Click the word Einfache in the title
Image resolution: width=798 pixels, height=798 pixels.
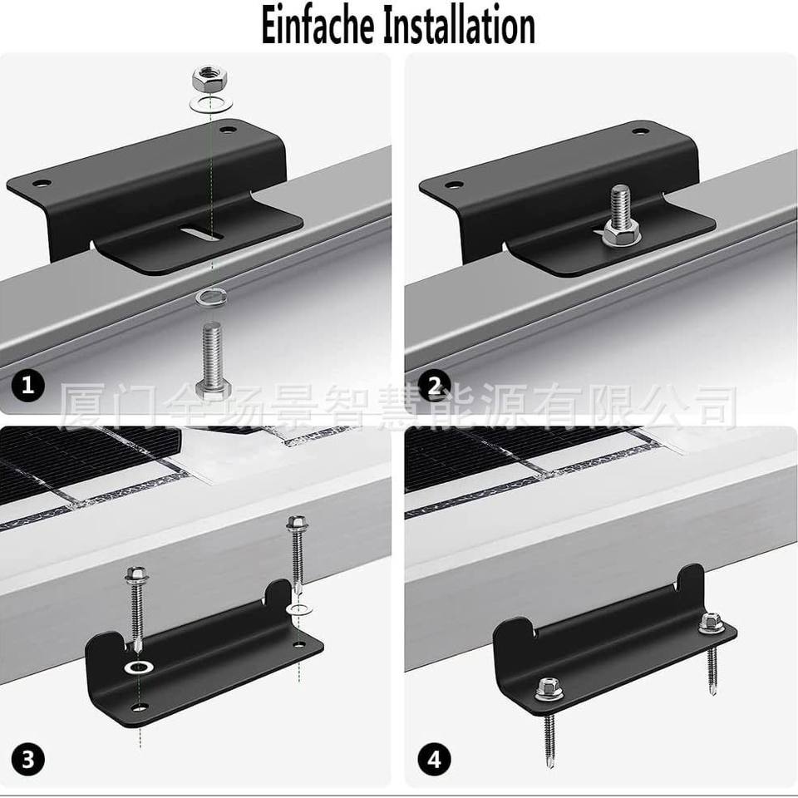(x=317, y=26)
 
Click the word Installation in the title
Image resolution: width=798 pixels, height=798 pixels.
(x=458, y=26)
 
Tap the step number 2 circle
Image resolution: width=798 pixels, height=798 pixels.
(x=434, y=385)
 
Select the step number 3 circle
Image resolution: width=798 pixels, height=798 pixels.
(x=27, y=759)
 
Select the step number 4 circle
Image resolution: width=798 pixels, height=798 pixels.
(x=434, y=761)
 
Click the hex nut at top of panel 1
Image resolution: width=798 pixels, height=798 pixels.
(x=209, y=78)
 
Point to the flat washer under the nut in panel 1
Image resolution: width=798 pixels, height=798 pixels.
(x=212, y=103)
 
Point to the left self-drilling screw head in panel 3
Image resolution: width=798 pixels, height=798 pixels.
(x=135, y=575)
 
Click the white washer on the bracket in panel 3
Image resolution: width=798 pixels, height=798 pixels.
(x=140, y=667)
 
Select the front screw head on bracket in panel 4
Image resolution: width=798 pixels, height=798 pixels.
(x=548, y=688)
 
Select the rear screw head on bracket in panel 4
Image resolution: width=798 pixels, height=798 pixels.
(x=711, y=623)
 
